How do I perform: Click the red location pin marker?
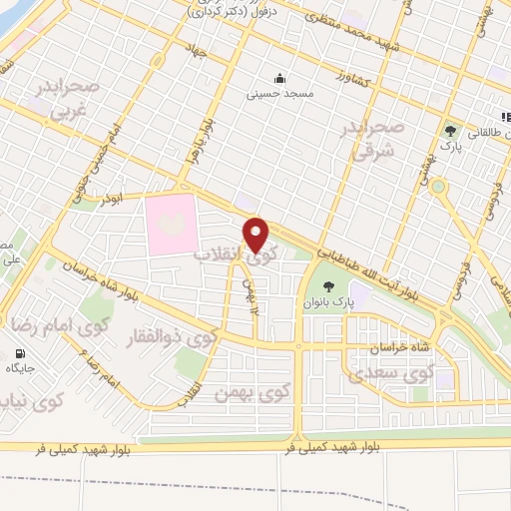pyautogui.click(x=256, y=234)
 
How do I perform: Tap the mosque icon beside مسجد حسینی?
pyautogui.click(x=279, y=80)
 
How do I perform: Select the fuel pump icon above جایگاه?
pyautogui.click(x=20, y=353)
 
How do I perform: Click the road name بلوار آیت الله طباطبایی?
pyautogui.click(x=380, y=269)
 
